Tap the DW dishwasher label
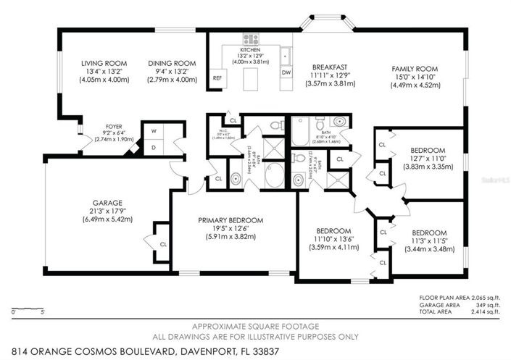click(286, 73)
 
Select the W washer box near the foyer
click(154, 132)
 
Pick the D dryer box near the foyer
click(154, 147)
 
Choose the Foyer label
click(114, 125)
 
